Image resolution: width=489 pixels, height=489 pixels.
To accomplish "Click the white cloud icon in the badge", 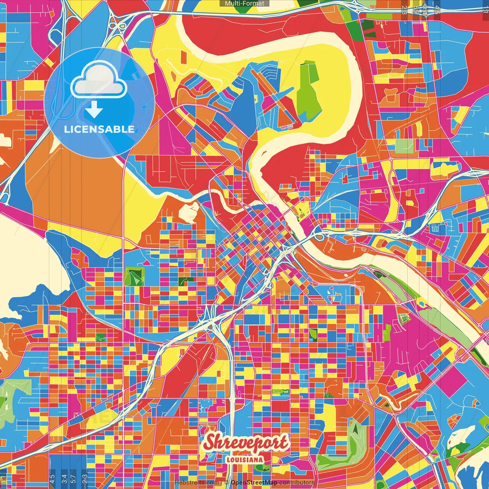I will (99, 81).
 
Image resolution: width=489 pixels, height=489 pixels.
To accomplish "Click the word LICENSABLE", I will (99, 129).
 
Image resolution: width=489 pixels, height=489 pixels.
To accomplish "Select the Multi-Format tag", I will (244, 3).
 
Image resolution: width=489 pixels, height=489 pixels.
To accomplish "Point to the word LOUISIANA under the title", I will (244, 460).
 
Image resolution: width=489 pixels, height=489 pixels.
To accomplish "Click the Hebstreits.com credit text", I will (197, 483).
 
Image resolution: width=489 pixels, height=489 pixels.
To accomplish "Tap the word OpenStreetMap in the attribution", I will (254, 483).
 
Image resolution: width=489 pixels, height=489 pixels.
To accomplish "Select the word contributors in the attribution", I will (297, 483).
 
